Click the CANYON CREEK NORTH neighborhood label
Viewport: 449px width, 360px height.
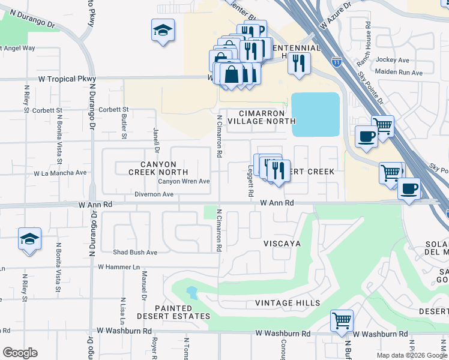[x=154, y=168]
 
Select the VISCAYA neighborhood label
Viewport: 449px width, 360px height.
[x=282, y=244]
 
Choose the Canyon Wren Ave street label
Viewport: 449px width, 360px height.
[x=184, y=181]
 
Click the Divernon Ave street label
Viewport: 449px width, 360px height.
[x=153, y=194]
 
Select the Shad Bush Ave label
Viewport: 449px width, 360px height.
[x=135, y=252]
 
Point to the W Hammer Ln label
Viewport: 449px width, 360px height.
[x=118, y=266]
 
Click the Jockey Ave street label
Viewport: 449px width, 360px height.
[x=392, y=60]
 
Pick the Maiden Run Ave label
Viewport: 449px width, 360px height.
[x=399, y=73]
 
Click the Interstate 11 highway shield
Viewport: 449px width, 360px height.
[x=337, y=61]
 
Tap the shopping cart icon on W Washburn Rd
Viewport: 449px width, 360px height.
[x=342, y=320]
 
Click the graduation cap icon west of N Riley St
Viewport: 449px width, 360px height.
[x=29, y=239]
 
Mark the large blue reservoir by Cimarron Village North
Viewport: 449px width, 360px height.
[x=315, y=114]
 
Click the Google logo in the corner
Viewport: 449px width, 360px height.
[x=20, y=353]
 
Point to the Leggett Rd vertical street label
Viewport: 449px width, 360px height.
[x=251, y=184]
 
